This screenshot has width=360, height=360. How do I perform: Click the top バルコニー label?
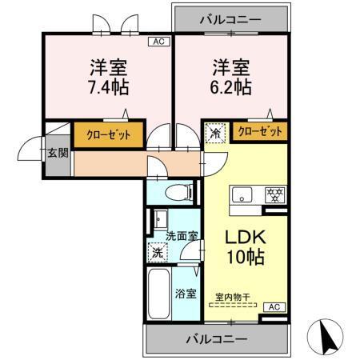point(230,15)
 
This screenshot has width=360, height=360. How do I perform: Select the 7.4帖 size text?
point(106,83)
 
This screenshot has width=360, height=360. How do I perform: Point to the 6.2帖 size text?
point(231,83)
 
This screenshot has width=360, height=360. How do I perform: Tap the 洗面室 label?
point(182,237)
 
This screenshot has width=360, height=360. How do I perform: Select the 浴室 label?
point(186,293)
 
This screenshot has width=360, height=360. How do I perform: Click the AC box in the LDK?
point(272,306)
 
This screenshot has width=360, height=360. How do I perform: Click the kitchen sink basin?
point(242,194)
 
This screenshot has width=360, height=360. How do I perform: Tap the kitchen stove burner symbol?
point(274,194)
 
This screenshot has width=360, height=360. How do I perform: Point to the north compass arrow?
point(327,334)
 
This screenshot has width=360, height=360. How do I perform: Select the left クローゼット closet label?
point(109,134)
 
